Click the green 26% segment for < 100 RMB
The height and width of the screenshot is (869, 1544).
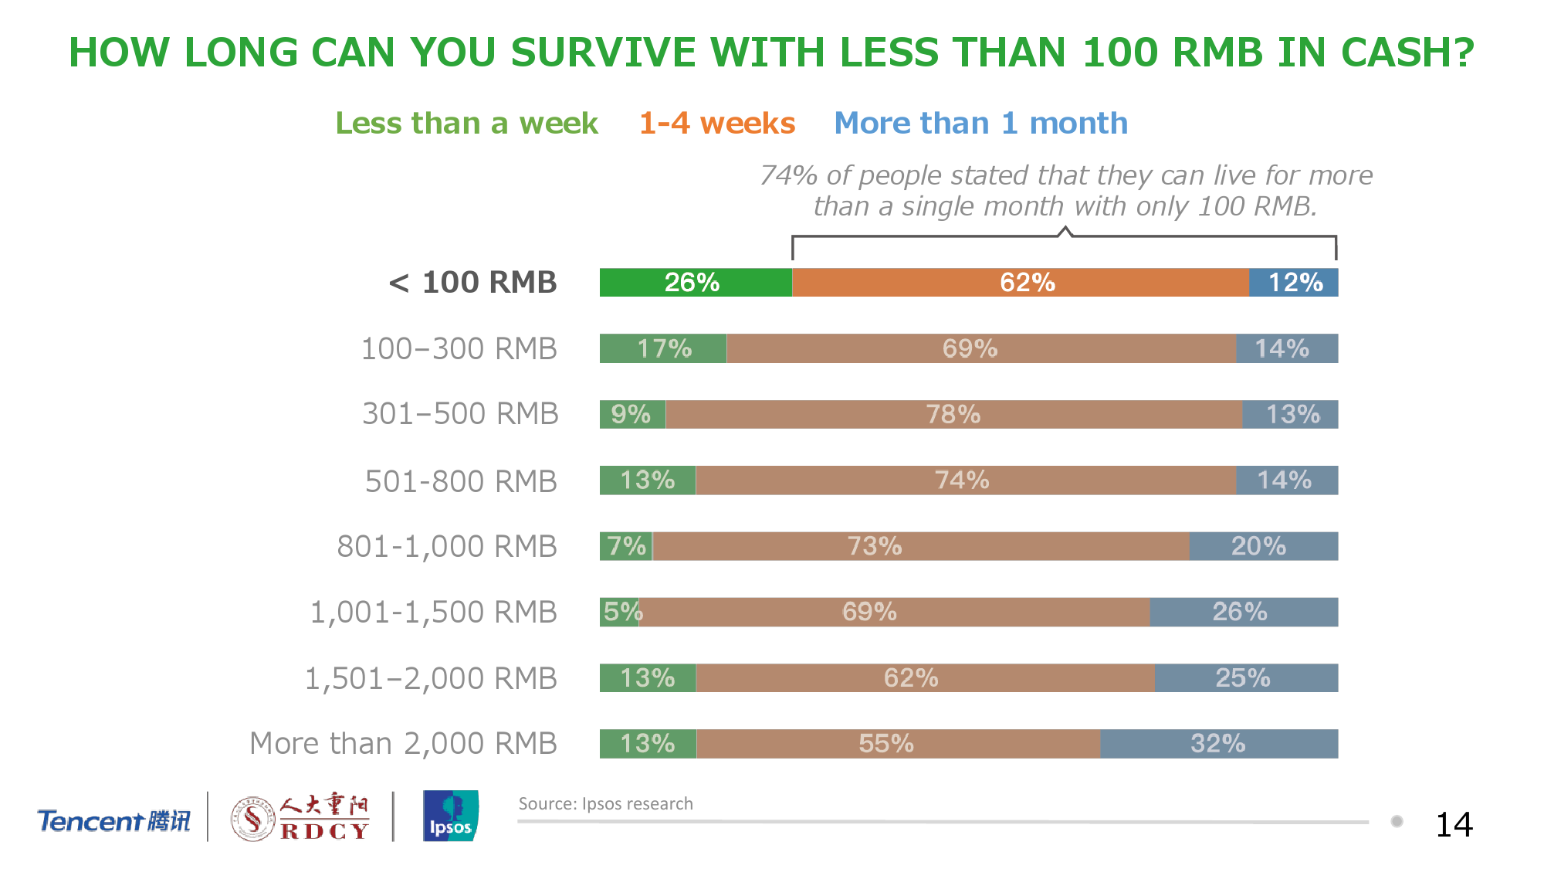pyautogui.click(x=696, y=283)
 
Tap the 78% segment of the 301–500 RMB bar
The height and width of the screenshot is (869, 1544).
pyautogui.click(x=953, y=415)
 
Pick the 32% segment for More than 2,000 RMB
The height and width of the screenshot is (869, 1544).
pyautogui.click(x=1218, y=744)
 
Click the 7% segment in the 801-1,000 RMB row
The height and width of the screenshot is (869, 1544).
pyautogui.click(x=626, y=547)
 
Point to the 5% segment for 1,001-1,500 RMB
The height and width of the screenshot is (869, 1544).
pyautogui.click(x=620, y=613)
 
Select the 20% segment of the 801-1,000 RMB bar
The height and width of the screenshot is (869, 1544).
pyautogui.click(x=1263, y=547)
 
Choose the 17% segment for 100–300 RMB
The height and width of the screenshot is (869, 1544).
pyautogui.click(x=663, y=349)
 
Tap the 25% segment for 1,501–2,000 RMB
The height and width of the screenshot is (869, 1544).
pyautogui.click(x=1246, y=678)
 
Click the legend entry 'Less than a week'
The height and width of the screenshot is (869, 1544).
pyautogui.click(x=466, y=124)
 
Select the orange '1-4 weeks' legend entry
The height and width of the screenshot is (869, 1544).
pyautogui.click(x=717, y=124)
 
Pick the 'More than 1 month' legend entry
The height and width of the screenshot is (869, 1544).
pyautogui.click(x=980, y=124)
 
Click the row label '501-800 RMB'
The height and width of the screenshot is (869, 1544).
pyautogui.click(x=461, y=481)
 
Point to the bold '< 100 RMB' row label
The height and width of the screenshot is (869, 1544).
pyautogui.click(x=472, y=283)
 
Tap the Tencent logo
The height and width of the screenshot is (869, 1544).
pyautogui.click(x=113, y=820)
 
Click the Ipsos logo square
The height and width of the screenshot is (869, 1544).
pyautogui.click(x=451, y=816)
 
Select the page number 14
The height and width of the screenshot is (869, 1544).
pyautogui.click(x=1454, y=825)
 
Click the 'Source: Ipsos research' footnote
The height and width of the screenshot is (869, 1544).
pyautogui.click(x=605, y=804)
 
